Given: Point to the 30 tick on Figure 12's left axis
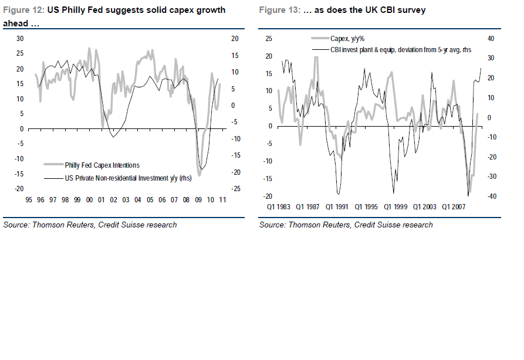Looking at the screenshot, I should tap(19, 39).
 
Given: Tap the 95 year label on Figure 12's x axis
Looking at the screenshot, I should tap(28, 201).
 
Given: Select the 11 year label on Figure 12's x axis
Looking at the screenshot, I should tap(223, 201).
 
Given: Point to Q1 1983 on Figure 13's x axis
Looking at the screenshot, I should tap(279, 207).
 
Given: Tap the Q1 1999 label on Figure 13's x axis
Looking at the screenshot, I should tap(397, 207).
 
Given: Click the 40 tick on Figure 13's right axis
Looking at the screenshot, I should tap(492, 39).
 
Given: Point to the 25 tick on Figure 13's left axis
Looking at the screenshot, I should tap(269, 39).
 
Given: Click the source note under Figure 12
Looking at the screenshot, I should tap(90, 225).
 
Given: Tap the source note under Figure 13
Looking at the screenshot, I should tap(346, 225).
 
